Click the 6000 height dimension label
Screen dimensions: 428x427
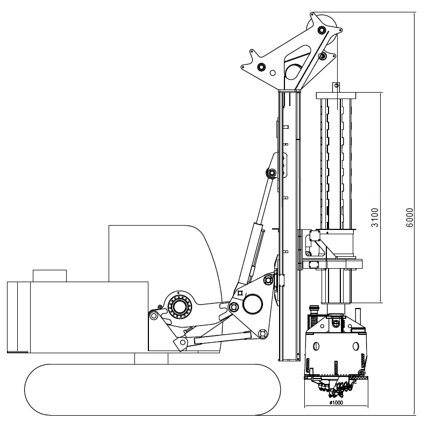[x=410, y=218]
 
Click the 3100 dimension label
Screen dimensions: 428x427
[x=375, y=218]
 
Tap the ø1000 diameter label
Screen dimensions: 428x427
[x=336, y=402]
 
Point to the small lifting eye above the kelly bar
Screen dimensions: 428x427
[x=336, y=86]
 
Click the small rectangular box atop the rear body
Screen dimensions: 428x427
[x=49, y=276]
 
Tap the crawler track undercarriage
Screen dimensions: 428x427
[x=152, y=390]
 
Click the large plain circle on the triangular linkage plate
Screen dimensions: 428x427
[x=253, y=304]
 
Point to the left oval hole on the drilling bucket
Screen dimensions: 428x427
[x=316, y=346]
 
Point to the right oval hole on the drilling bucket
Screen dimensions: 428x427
[x=355, y=346]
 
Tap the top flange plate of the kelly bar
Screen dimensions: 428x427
[x=336, y=95]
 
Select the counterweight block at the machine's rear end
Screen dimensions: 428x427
[x=19, y=317]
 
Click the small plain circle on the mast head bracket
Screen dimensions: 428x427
[x=273, y=73]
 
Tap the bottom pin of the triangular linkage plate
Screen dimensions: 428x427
[x=262, y=333]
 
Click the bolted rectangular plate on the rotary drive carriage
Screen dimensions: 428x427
[x=313, y=264]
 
